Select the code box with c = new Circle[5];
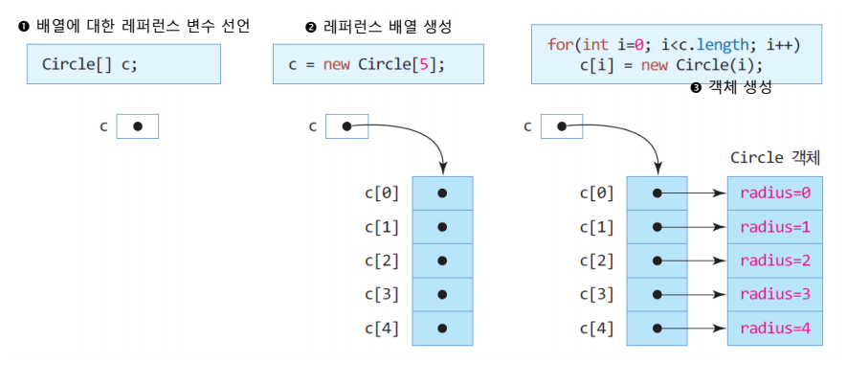click(x=378, y=64)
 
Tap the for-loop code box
click(x=677, y=56)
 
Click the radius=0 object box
click(x=775, y=193)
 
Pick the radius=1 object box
click(x=775, y=227)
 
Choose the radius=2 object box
click(x=775, y=261)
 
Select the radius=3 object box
click(x=775, y=294)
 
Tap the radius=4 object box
click(x=775, y=329)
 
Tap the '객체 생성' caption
click(x=738, y=87)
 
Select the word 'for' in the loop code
click(x=559, y=45)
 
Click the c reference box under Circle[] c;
click(x=138, y=126)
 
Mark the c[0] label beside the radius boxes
click(x=596, y=193)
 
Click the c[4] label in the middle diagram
click(x=382, y=329)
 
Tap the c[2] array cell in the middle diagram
click(x=442, y=261)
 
